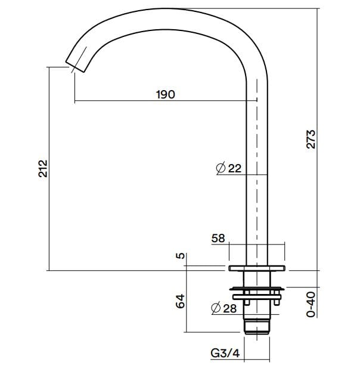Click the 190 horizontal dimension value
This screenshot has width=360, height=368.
(165, 94)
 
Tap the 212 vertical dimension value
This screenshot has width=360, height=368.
(42, 169)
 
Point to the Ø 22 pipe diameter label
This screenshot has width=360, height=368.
(229, 168)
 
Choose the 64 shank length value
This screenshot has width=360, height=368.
(181, 301)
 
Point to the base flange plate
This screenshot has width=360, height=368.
(256, 268)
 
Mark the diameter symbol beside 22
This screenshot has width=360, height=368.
(220, 168)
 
